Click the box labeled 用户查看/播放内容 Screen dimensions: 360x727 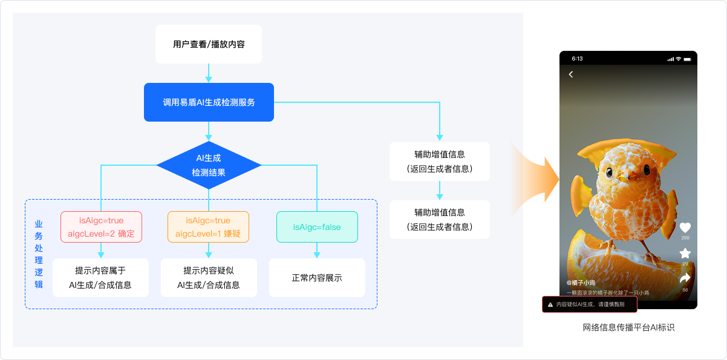209,44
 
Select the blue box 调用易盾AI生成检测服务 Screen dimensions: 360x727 209,102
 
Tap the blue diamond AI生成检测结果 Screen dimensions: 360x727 209,165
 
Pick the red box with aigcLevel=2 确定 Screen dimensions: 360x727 101,227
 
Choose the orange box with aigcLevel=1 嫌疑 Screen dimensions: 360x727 208,227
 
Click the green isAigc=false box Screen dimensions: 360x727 317,227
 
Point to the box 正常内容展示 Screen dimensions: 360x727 317,278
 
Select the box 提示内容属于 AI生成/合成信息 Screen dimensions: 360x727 100,278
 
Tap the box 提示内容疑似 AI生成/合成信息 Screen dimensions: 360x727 209,278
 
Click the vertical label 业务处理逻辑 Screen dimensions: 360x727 39,254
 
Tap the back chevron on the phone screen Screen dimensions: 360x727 571,74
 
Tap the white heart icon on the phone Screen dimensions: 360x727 685,227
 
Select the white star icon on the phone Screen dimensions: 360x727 685,253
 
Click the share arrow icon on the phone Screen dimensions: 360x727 685,278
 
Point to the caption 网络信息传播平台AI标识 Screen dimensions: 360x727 628,328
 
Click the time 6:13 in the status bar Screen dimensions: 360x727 577,59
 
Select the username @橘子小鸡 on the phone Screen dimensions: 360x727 581,283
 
